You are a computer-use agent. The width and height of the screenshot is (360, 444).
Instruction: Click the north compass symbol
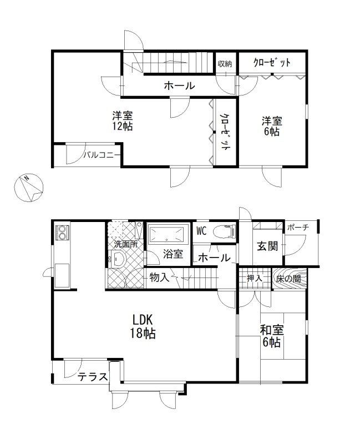pyautogui.click(x=28, y=188)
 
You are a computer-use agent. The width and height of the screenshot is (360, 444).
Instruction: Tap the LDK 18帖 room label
pyautogui.click(x=143, y=327)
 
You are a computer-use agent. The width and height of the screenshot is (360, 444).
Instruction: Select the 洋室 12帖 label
pyautogui.click(x=123, y=121)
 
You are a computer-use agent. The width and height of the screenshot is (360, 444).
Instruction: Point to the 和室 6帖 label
pyautogui.click(x=272, y=336)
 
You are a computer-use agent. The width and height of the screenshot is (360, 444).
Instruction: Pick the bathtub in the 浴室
pyautogui.click(x=169, y=234)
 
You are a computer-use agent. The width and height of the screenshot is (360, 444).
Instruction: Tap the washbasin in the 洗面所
pyautogui.click(x=118, y=259)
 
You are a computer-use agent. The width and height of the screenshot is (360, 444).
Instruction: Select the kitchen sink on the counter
pyautogui.click(x=62, y=275)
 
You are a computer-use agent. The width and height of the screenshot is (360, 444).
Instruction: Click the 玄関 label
pyautogui.click(x=267, y=246)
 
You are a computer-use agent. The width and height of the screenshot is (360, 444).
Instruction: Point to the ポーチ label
pyautogui.click(x=298, y=227)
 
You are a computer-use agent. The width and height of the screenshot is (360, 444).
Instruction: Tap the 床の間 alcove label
pyautogui.click(x=288, y=279)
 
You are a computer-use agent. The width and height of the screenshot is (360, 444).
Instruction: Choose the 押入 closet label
pyautogui.click(x=255, y=278)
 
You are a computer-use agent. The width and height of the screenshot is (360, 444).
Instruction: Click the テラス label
pyautogui.click(x=93, y=377)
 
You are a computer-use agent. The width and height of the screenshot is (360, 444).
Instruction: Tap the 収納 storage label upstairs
pyautogui.click(x=225, y=64)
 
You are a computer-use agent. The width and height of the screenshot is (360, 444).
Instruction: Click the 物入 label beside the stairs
pyautogui.click(x=159, y=277)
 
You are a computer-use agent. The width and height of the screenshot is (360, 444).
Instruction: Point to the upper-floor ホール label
pyautogui.click(x=179, y=85)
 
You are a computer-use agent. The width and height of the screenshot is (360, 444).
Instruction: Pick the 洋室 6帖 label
pyautogui.click(x=272, y=127)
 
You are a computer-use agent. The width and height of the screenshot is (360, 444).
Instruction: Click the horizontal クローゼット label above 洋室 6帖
pyautogui.click(x=272, y=62)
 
